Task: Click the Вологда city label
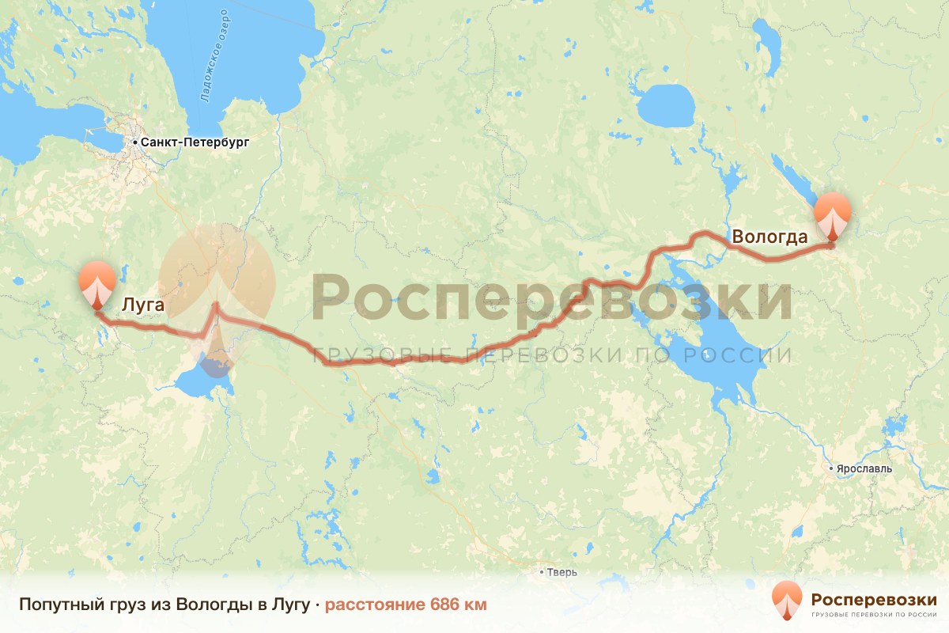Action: [x=769, y=237]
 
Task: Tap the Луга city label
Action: [x=143, y=302]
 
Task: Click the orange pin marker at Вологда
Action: [x=833, y=216]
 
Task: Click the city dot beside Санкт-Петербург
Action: [x=136, y=142]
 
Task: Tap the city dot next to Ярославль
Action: [x=830, y=469]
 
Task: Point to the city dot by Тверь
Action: [x=542, y=572]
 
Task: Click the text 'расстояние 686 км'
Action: [x=406, y=605]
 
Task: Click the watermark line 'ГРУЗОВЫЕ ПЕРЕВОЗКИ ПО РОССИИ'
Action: [x=551, y=355]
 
